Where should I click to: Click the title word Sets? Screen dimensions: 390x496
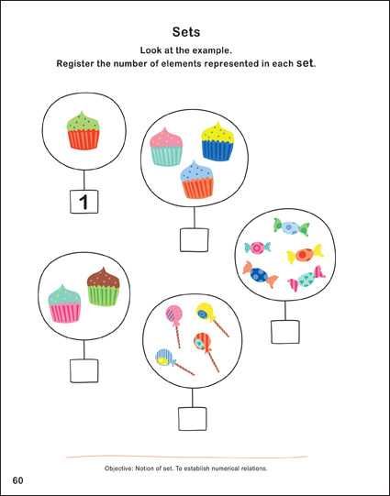tap(186, 32)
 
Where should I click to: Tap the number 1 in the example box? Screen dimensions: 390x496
tap(84, 202)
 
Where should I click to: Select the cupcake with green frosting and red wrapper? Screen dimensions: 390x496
tap(84, 130)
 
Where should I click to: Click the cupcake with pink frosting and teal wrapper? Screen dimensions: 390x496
tap(166, 147)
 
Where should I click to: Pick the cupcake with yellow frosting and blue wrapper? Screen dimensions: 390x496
tap(217, 141)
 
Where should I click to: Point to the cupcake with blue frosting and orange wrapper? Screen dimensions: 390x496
tap(197, 180)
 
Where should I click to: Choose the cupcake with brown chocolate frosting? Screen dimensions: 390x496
tap(104, 287)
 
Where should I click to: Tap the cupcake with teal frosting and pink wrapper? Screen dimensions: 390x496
tap(64, 303)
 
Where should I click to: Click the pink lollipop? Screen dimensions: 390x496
tap(175, 325)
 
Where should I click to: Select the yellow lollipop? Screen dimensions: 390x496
tap(211, 319)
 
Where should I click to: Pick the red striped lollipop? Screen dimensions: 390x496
tap(206, 352)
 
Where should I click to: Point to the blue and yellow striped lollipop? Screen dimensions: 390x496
tap(174, 361)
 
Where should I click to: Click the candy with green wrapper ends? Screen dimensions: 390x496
tap(291, 227)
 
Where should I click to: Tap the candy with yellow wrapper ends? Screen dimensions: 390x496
tap(305, 254)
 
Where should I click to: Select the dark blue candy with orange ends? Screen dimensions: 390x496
tap(261, 274)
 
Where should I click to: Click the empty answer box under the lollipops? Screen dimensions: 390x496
tap(193, 419)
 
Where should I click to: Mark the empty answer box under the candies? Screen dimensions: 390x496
tap(285, 332)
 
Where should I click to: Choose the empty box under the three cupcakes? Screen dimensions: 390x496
tap(195, 240)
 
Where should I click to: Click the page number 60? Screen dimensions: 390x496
tap(17, 480)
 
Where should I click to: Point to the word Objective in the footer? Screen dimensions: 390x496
tap(118, 468)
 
